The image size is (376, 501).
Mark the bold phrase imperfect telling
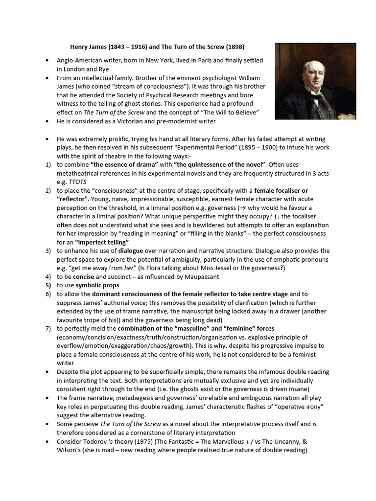(102, 242)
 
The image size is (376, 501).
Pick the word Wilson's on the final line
(70, 450)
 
